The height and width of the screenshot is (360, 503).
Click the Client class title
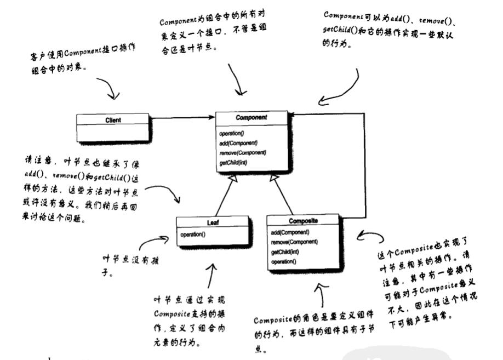point(112,120)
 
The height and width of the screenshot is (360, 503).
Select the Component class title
point(251,118)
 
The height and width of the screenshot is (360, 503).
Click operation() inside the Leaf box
point(193,235)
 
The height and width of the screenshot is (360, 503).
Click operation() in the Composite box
point(284,262)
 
